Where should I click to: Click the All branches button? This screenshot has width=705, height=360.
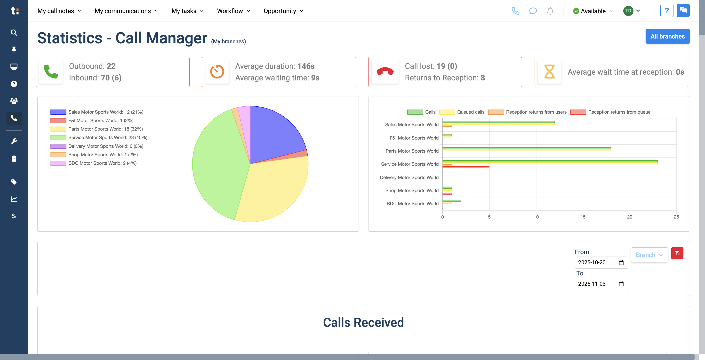coord(667,36)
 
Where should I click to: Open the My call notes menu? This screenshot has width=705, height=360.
coord(59,11)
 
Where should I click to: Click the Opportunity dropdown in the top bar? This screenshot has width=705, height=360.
coord(283,11)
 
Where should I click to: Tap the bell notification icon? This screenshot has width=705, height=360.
coord(550,11)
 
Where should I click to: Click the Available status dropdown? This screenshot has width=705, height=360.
coord(593,11)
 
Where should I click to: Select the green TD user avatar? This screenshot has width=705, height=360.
coord(628,11)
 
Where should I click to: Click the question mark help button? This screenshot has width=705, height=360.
coord(667,11)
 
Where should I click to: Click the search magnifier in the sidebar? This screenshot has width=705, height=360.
coord(14,32)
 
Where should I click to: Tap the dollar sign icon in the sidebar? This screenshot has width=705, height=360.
coord(14,216)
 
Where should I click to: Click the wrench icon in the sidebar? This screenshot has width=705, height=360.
coord(14,141)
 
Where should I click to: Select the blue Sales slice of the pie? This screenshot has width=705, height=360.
coord(274,134)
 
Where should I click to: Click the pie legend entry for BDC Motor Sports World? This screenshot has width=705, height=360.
coord(102,163)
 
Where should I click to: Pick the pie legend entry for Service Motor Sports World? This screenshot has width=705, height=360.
coord(108,138)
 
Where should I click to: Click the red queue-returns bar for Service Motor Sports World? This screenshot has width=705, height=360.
coord(465,167)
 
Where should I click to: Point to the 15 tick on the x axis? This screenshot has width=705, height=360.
coord(583,217)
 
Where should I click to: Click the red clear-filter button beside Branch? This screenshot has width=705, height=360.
coord(677,253)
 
